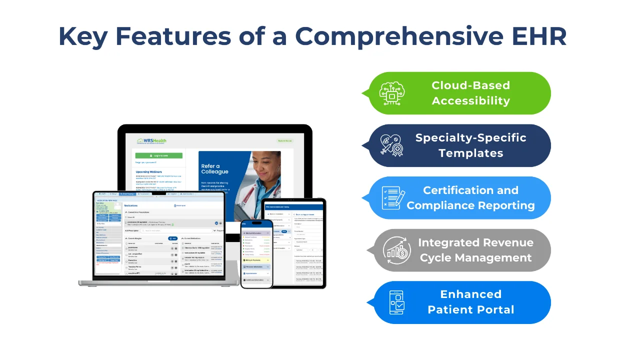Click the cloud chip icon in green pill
[x=392, y=93]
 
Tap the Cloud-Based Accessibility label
[x=470, y=93]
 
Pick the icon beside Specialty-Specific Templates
[x=392, y=145]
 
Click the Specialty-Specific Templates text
[x=470, y=145]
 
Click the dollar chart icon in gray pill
[x=396, y=250]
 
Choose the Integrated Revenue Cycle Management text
[x=475, y=250]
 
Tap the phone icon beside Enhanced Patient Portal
[x=396, y=302]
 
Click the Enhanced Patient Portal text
[x=470, y=302]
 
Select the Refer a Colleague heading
[x=214, y=169]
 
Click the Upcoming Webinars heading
[x=148, y=171]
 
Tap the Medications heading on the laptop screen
[x=131, y=205]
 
